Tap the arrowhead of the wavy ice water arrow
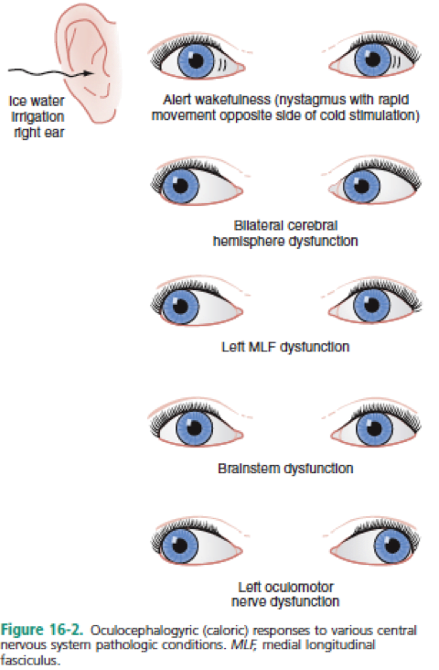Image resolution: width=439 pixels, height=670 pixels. [89, 73]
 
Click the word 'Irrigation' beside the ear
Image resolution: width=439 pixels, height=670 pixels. [37, 116]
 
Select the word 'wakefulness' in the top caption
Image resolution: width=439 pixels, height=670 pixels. [230, 100]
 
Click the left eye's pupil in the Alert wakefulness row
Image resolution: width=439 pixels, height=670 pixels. [196, 60]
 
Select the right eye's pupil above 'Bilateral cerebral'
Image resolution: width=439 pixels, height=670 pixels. [361, 186]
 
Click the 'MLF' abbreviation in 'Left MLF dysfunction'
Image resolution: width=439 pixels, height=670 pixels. [262, 347]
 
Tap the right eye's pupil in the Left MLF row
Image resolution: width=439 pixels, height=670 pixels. [371, 305]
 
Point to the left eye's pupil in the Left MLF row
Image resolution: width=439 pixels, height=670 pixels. [180, 306]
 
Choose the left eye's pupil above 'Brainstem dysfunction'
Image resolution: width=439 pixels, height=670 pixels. [194, 427]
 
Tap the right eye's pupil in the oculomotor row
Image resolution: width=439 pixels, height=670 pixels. [392, 546]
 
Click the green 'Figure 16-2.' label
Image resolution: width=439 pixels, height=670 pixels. [42, 631]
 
